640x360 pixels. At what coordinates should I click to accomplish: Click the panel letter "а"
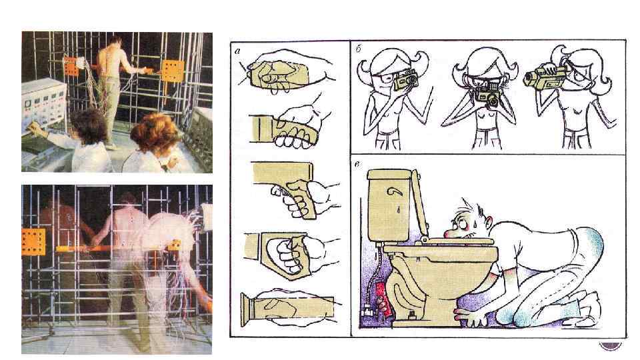(237, 51)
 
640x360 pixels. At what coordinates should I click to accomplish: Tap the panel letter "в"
(357, 165)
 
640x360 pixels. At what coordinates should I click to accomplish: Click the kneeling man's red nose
(449, 233)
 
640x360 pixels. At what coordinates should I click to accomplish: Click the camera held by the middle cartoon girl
(487, 90)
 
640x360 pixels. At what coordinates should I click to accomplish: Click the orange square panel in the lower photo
(33, 241)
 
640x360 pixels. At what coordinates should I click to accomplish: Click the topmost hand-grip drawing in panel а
(286, 73)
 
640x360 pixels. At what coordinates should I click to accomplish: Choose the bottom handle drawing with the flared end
(288, 309)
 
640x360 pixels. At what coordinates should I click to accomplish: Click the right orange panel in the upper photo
(173, 70)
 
